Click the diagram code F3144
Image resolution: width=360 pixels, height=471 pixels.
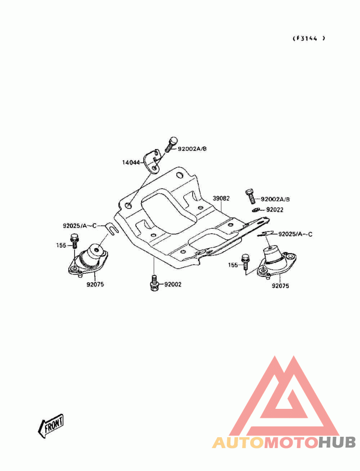309,38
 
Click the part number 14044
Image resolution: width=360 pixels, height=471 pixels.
131,163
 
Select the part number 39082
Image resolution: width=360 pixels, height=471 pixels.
221,198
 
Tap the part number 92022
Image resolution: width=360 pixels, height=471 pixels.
275,210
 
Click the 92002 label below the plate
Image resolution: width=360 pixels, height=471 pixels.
173,284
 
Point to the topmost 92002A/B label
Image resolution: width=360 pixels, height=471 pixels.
192,149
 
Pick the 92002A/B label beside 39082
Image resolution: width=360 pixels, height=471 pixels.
275,199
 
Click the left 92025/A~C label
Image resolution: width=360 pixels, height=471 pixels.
80,226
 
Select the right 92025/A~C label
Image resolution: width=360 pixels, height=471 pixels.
296,234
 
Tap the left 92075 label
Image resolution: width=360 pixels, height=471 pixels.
95,284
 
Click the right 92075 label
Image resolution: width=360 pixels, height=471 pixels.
280,286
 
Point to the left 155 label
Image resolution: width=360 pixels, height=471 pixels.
61,245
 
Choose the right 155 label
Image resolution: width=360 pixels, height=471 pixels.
233,265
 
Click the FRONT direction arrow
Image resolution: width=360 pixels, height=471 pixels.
50,426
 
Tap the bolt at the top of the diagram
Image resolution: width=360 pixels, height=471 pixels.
171,145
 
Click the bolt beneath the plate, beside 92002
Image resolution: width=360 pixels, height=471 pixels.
154,283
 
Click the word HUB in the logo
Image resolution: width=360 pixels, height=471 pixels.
337,442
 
